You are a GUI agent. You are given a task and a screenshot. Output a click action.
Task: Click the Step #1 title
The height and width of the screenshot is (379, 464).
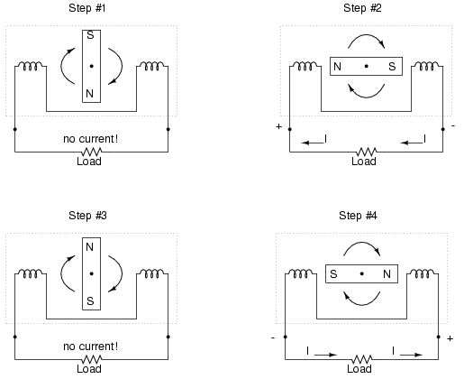point(87,8)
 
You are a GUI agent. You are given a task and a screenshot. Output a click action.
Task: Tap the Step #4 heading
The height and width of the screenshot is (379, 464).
point(358,216)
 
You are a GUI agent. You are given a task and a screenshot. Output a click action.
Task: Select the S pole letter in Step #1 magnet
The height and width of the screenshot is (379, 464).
point(90,35)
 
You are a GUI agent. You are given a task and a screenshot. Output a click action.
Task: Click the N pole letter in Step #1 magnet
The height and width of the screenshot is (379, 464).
point(89,94)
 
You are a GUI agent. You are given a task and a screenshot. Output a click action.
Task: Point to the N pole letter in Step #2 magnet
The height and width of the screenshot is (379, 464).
point(337,67)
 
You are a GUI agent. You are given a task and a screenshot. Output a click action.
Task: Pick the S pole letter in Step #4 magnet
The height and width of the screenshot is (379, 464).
point(333,274)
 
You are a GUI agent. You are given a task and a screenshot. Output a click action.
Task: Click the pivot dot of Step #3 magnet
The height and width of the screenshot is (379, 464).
point(91,273)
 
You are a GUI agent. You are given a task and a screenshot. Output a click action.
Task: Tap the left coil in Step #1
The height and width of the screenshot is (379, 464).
point(31,66)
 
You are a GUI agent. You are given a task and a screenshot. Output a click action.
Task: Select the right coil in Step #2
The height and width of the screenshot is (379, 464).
point(426,66)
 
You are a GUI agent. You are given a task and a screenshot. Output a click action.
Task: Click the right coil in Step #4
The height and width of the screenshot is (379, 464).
point(422,273)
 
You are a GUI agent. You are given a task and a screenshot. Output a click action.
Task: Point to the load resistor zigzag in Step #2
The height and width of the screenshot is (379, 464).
point(366,152)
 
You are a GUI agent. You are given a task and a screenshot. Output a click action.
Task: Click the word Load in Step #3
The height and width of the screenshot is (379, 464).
point(89,369)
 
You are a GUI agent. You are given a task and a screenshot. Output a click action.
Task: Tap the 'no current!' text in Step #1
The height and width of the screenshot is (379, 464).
point(90,139)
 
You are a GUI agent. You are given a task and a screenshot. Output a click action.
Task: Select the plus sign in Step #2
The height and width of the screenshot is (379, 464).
point(278,126)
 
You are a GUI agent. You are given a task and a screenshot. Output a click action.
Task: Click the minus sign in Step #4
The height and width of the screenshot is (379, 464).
point(273,337)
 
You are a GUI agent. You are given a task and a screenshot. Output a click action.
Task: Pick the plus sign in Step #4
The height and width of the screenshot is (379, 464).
point(450,338)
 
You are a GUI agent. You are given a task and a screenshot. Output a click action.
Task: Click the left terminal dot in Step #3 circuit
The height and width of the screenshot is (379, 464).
point(15,337)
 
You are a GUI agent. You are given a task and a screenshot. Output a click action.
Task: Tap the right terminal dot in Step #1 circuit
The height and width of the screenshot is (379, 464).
point(168,129)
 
